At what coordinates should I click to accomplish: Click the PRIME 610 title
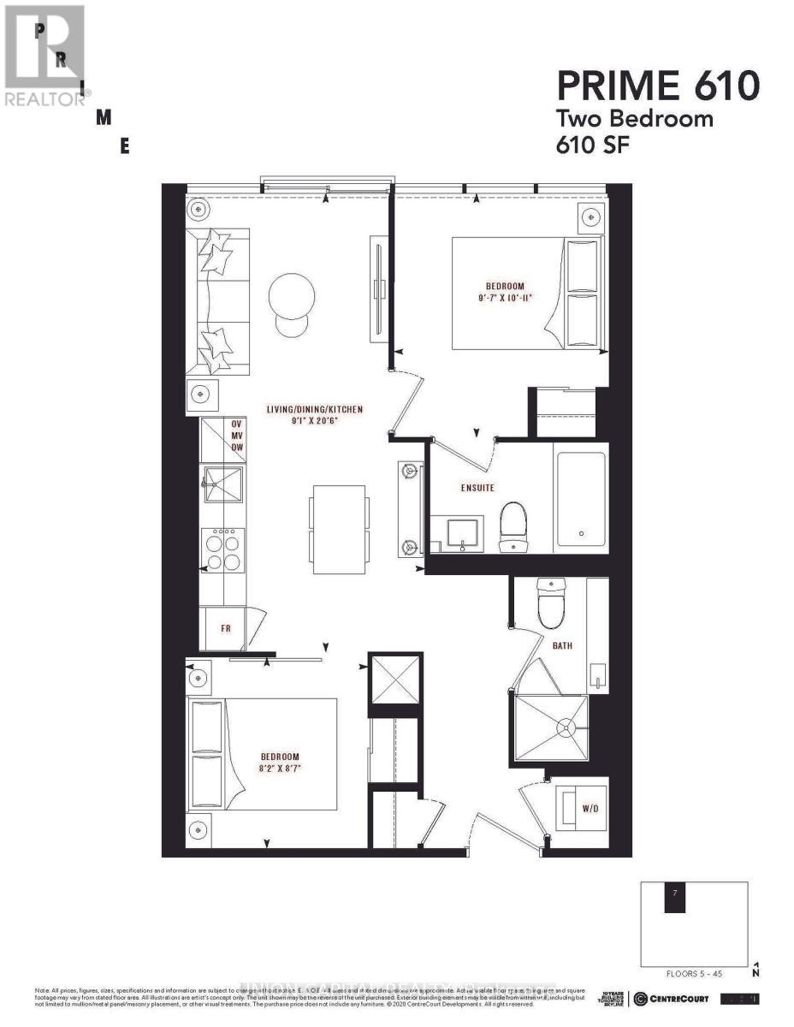point(658,86)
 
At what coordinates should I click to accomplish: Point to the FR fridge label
point(226,628)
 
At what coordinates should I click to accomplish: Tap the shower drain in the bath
point(564,727)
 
